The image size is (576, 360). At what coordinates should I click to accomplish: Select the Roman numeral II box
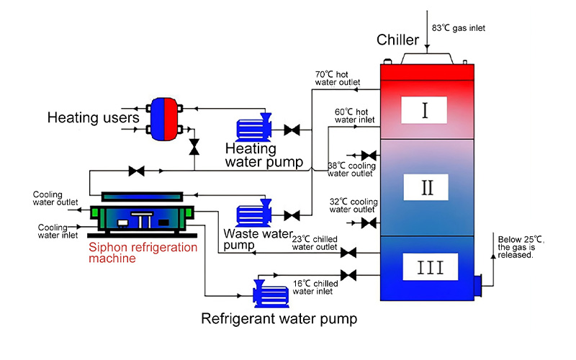(426, 188)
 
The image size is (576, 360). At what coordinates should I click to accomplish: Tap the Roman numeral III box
(427, 269)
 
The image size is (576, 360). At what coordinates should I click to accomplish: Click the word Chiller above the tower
(400, 39)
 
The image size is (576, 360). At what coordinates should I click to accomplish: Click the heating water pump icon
(253, 127)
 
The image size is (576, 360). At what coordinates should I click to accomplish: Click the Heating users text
(93, 117)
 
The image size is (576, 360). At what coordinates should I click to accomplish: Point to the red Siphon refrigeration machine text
(142, 253)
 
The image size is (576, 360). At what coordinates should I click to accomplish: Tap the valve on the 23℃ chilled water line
(348, 253)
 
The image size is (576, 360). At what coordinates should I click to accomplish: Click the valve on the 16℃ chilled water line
(348, 276)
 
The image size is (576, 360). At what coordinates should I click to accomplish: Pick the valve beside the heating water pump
(292, 130)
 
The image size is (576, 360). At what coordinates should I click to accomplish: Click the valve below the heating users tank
(194, 147)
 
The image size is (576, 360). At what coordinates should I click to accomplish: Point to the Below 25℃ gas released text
(516, 246)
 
